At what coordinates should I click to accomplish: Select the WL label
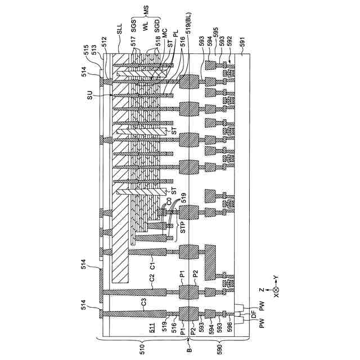[146, 29]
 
